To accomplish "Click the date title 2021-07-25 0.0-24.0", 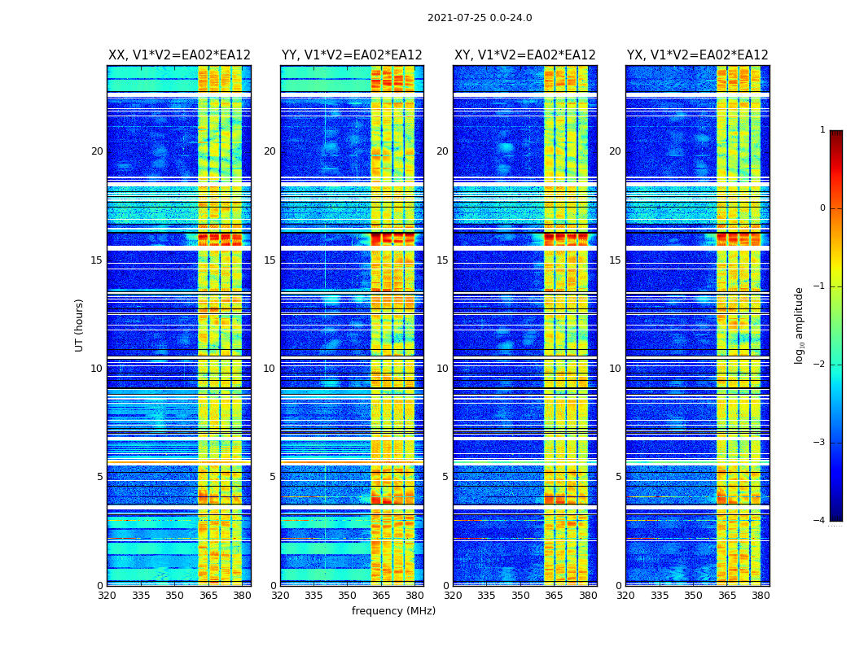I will coord(480,18).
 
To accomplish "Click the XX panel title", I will coord(179,55).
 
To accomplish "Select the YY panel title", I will coord(352,55).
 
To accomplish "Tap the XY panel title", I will coord(525,55).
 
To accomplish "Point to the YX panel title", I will coord(698,55).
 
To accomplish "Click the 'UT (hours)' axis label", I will coord(79,325).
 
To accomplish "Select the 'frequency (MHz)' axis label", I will coord(393,611).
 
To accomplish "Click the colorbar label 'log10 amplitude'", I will coord(800,325).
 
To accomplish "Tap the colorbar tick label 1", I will coord(822,130).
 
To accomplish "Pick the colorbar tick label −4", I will coord(820,521).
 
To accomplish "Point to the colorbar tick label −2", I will coord(820,365).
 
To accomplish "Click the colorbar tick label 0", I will coord(822,208).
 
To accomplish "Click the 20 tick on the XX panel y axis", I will coord(97,151).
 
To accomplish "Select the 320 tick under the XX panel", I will coord(107,596).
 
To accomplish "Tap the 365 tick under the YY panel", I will coord(381,596).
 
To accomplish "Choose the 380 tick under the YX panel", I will coord(761,596).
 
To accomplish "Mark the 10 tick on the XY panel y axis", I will coord(442,369).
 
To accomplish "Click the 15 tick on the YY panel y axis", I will coord(270,260).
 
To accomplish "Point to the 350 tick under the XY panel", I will coord(520,596).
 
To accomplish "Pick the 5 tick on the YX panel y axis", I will coord(618,477).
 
